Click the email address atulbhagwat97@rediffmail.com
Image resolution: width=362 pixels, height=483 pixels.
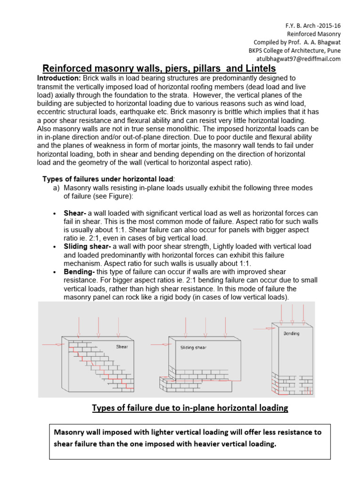click(298, 59)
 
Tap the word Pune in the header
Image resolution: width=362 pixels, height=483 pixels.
click(332, 50)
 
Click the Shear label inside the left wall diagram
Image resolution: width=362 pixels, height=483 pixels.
click(122, 347)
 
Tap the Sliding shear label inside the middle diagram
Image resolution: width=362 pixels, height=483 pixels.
click(193, 348)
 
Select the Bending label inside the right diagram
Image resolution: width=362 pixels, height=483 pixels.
click(291, 333)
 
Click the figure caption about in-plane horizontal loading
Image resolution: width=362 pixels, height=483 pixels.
click(189, 408)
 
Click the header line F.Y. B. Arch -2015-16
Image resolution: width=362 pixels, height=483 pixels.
click(312, 25)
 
